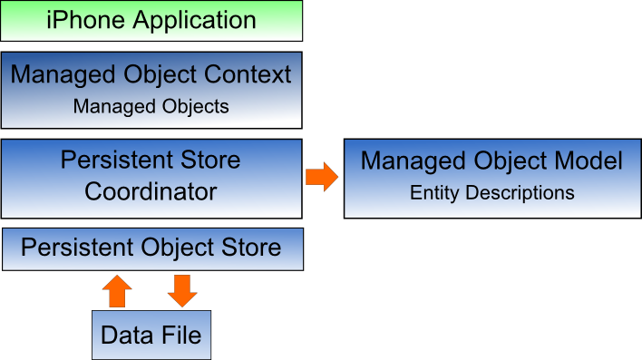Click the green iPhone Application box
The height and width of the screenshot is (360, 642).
pos(151,21)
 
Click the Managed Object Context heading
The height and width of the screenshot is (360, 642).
pos(151,74)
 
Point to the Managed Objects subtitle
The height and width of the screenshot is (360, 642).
pos(151,106)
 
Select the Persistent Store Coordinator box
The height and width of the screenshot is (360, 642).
pos(151,178)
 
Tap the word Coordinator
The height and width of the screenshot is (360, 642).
pos(151,192)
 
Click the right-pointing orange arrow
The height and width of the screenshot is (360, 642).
pos(321,176)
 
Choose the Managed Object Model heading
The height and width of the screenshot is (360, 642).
pos(491,161)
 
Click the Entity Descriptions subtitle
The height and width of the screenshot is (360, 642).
pos(491,192)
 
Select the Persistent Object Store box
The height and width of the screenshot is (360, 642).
pos(151,249)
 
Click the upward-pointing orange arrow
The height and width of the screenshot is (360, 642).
pos(117,291)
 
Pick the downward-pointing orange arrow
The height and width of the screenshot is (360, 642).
pos(182,291)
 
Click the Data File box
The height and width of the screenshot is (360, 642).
pos(151,335)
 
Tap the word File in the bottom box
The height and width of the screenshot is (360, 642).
pos(183,335)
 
